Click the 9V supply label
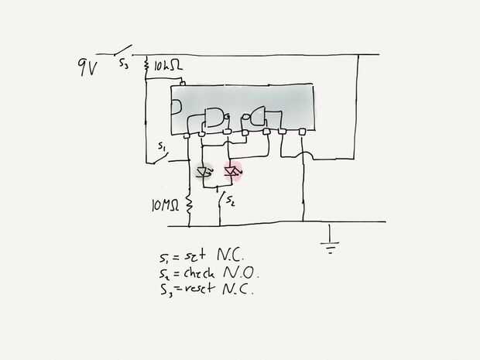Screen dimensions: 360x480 [87, 67]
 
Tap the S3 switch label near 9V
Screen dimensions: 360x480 [124, 67]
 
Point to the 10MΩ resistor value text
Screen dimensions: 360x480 [166, 205]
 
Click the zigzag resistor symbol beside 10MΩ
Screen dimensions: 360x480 [189, 203]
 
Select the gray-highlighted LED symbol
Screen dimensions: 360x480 [205, 173]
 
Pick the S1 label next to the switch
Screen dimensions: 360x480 [161, 146]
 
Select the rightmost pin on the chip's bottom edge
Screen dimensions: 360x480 [300, 133]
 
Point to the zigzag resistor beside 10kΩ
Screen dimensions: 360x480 [146, 68]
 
